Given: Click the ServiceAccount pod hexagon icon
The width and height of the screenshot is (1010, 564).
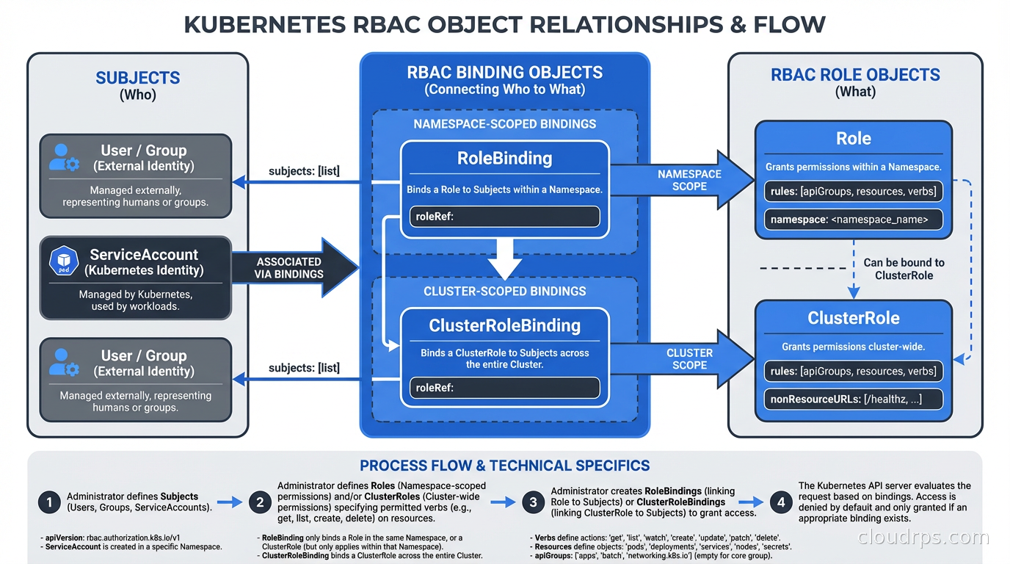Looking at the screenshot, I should [x=64, y=262].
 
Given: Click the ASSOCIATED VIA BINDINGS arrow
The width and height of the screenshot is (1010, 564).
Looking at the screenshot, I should [x=290, y=268].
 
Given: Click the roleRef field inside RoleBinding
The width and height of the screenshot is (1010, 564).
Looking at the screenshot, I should [x=504, y=217].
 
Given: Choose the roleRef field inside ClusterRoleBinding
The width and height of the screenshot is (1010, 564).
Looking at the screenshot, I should [x=504, y=388].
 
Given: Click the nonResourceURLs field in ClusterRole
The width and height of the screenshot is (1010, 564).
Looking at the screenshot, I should [x=853, y=399].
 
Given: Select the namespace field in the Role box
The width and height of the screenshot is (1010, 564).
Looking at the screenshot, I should [x=853, y=219].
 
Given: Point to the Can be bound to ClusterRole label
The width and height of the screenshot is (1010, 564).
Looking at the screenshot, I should [x=904, y=269].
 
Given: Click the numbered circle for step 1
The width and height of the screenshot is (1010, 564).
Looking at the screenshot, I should [x=49, y=502].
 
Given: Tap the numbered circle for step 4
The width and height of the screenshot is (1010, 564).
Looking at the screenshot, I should [x=781, y=502].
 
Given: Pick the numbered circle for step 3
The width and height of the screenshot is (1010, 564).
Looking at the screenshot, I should [x=534, y=502].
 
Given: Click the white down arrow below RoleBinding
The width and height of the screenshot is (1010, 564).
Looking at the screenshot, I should [x=504, y=256].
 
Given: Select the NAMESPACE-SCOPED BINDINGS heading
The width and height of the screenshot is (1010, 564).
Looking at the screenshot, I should [x=504, y=124].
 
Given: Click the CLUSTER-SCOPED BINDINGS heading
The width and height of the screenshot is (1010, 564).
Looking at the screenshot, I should [x=504, y=292].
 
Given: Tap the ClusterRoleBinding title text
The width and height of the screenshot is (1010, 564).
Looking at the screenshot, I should [x=504, y=325].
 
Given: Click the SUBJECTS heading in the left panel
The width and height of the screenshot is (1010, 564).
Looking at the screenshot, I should [x=138, y=78].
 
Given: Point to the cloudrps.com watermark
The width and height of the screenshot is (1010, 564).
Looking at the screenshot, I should [x=923, y=538].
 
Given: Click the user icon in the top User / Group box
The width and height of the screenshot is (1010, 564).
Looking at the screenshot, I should [x=64, y=157].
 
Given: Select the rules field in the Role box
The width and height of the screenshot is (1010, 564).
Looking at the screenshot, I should [x=853, y=191].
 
